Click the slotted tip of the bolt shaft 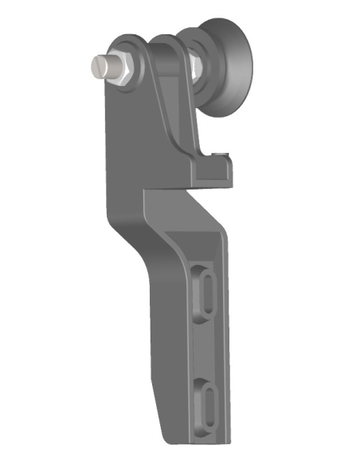96,66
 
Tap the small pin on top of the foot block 225,151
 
